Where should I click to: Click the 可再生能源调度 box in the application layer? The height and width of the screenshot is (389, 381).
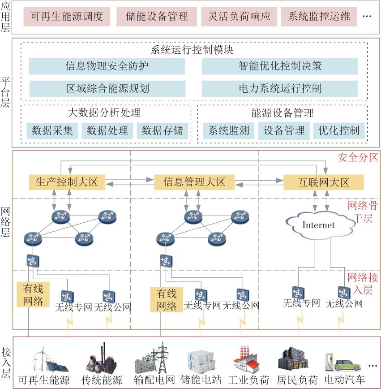click(x=66, y=17)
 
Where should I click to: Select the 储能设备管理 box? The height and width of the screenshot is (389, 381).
click(x=157, y=17)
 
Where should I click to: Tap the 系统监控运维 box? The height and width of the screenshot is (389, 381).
click(x=319, y=17)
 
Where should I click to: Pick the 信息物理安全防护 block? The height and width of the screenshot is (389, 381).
click(x=107, y=66)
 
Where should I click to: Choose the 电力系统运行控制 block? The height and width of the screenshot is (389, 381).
click(x=280, y=89)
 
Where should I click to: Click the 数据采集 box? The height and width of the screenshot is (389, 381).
click(x=52, y=130)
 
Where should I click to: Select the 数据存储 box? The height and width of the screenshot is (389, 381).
click(x=163, y=130)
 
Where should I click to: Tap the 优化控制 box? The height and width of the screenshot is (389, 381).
click(x=338, y=130)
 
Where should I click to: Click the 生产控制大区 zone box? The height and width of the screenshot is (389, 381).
click(x=67, y=182)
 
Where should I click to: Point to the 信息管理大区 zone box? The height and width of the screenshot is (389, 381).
click(x=194, y=182)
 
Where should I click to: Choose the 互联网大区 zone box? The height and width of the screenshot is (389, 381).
click(x=324, y=182)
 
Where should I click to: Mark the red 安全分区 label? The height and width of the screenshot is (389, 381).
click(x=358, y=158)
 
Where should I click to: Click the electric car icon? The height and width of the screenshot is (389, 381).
click(x=343, y=363)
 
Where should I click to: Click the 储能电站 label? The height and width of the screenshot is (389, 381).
click(x=201, y=380)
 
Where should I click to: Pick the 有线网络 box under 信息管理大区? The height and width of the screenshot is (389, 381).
click(x=167, y=299)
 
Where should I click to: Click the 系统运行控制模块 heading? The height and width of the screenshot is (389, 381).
click(x=192, y=50)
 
